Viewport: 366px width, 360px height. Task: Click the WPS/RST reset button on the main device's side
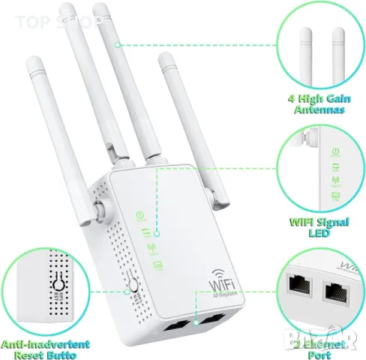click(x=133, y=287)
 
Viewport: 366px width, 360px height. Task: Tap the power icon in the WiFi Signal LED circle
click(x=331, y=148)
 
